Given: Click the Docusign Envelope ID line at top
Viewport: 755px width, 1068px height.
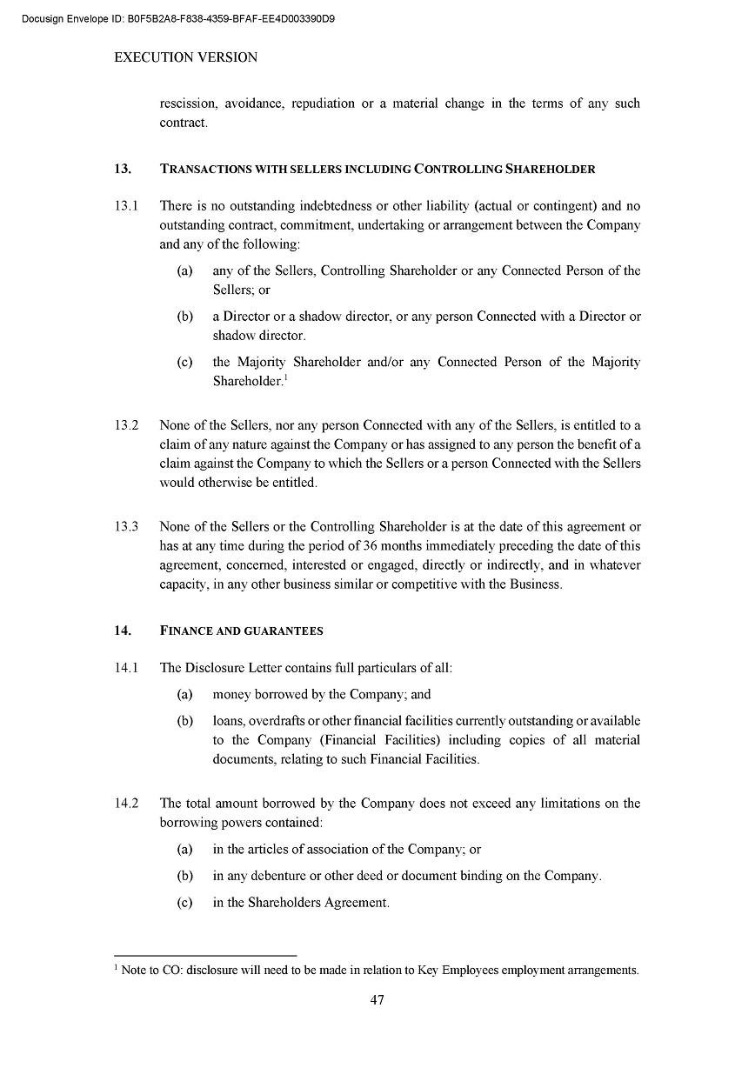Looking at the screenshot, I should click(x=178, y=17).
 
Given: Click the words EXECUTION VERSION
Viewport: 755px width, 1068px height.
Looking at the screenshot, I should click(x=185, y=57).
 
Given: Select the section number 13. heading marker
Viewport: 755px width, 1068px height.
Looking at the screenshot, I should click(x=122, y=169).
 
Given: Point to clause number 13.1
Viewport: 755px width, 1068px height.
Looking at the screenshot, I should click(x=126, y=206).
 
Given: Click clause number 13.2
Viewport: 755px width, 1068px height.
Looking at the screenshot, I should click(x=126, y=425).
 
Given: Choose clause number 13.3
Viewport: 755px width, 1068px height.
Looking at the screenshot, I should click(x=126, y=527).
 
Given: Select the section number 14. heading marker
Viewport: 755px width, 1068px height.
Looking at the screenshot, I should click(x=122, y=631).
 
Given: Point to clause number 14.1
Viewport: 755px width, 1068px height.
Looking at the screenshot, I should click(x=126, y=668).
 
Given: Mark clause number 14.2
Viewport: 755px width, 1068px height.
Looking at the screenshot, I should click(x=126, y=804).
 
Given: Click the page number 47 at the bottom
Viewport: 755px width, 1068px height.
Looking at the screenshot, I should click(x=377, y=1000).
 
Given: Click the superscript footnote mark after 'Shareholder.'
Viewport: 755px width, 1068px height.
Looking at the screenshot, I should click(x=287, y=378).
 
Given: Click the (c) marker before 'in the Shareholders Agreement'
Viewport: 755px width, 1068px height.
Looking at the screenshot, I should click(x=184, y=903).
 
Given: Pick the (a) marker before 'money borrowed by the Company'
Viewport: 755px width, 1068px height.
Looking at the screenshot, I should click(x=184, y=694).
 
